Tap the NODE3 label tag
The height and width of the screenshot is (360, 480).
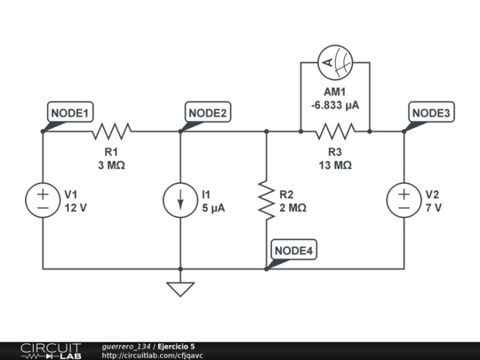[432, 113]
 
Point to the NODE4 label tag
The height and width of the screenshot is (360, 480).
[294, 251]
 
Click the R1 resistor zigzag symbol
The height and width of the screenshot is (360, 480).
[111, 132]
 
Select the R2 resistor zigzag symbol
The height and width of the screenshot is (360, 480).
[266, 200]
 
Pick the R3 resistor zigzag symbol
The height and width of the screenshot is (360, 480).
[335, 132]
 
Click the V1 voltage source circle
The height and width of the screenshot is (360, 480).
[43, 200]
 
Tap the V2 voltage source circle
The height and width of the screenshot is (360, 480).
[404, 200]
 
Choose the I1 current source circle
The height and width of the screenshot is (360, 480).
[180, 200]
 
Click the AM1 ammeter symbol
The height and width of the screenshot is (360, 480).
[335, 62]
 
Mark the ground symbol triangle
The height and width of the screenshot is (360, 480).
[180, 288]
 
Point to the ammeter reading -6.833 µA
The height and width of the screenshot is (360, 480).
[335, 105]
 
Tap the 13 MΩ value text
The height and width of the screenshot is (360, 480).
[335, 165]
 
